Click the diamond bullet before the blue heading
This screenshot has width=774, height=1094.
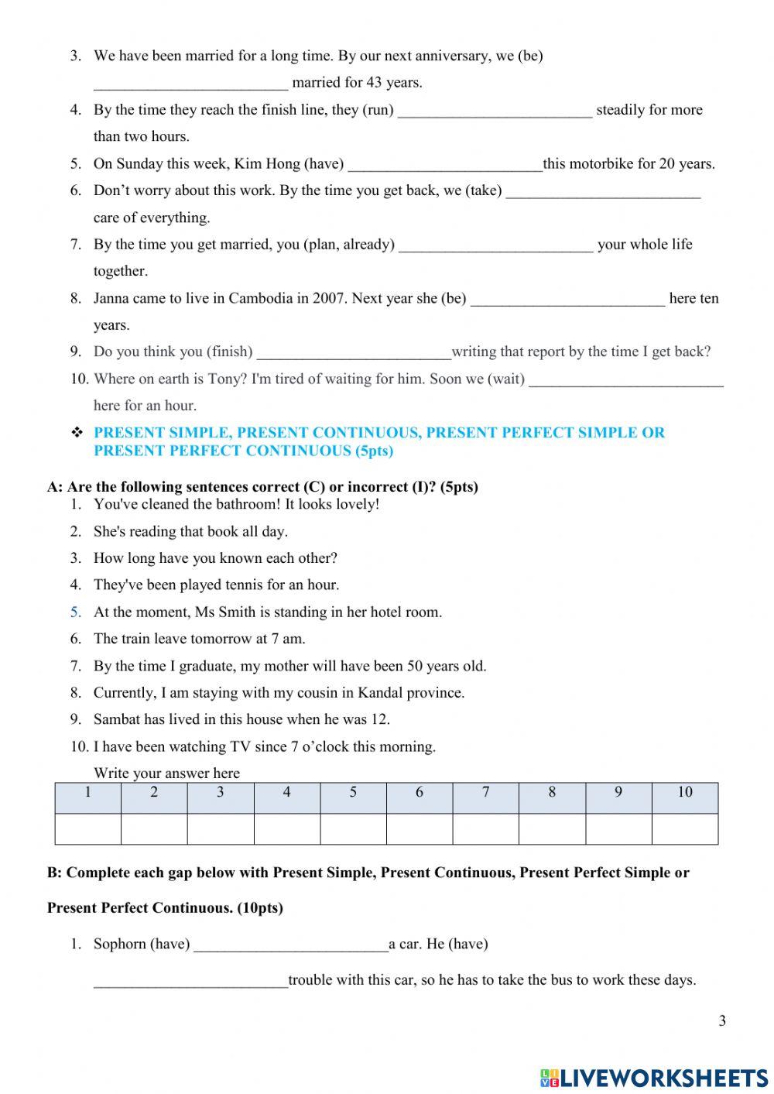click(77, 433)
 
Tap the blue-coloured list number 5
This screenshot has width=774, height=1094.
click(75, 612)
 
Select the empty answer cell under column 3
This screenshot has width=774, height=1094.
click(221, 828)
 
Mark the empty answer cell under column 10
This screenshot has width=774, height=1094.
click(685, 828)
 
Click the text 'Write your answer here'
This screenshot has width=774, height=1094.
click(166, 773)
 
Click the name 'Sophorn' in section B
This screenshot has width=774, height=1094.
click(119, 944)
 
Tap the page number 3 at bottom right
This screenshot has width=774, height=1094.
click(722, 1020)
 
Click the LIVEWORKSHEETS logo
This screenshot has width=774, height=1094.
click(654, 1077)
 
